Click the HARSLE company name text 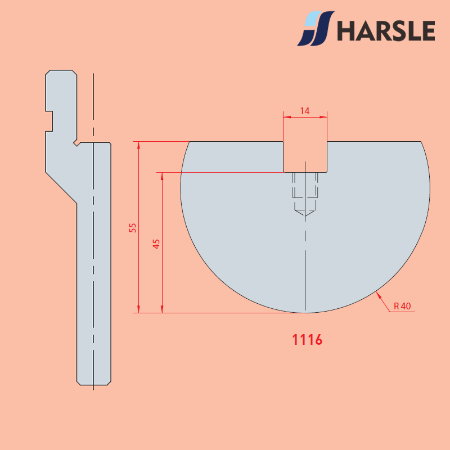coord(386,30)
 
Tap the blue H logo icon coord(316,29)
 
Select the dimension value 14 coord(304,111)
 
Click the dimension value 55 coord(133,227)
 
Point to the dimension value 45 coord(156,243)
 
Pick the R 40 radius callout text coord(402,306)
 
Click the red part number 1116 coord(307,340)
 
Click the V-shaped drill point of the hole coord(305,214)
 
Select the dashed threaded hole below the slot coord(305,191)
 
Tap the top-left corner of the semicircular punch coord(190,142)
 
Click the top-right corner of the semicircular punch coord(421,142)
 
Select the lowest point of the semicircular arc coord(305,312)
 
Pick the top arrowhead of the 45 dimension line coord(162,175)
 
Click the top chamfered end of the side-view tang coord(61,71)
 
